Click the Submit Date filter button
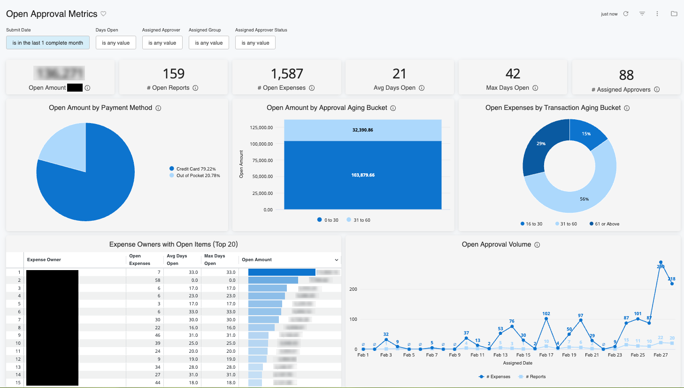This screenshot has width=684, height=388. pyautogui.click(x=47, y=43)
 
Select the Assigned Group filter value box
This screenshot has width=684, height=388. pyautogui.click(x=209, y=43)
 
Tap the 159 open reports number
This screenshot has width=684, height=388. pyautogui.click(x=173, y=74)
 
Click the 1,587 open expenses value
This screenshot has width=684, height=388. pyautogui.click(x=286, y=74)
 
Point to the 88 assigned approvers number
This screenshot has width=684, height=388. pyautogui.click(x=626, y=75)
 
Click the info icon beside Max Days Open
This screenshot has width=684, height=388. pyautogui.click(x=535, y=88)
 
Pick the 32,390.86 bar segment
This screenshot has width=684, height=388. pyautogui.click(x=362, y=130)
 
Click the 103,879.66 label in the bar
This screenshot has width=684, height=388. pyautogui.click(x=362, y=175)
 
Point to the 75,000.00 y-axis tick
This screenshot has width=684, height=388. pyautogui.click(x=262, y=161)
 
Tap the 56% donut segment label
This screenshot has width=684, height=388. pyautogui.click(x=584, y=199)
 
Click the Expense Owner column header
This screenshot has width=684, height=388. pyautogui.click(x=44, y=260)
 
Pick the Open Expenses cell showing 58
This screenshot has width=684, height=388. pyautogui.click(x=157, y=280)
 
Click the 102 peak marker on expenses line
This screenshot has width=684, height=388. pyautogui.click(x=546, y=319)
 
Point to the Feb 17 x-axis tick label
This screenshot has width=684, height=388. pyautogui.click(x=546, y=355)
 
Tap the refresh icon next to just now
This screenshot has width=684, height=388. pyautogui.click(x=626, y=14)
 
